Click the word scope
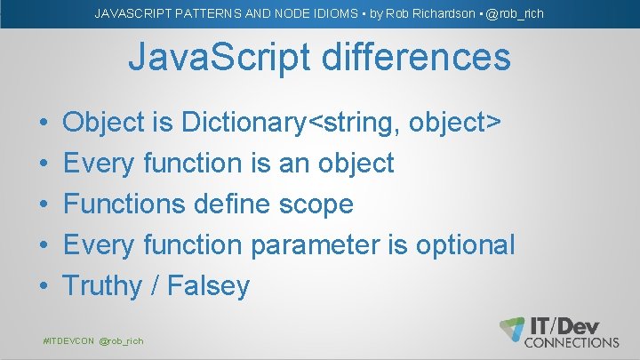316,204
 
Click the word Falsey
209,286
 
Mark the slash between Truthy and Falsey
155,286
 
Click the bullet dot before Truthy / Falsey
44,286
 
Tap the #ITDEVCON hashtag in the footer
68,341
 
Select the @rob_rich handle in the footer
121,341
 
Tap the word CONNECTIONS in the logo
572,341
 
